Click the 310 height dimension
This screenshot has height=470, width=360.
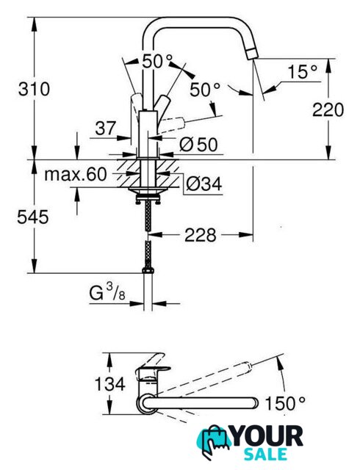tap(34, 90)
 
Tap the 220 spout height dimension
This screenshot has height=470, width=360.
tap(328, 109)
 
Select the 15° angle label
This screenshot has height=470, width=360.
tap(302, 72)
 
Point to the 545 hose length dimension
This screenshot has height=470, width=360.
tap(33, 217)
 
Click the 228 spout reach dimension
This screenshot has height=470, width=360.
tap(200, 235)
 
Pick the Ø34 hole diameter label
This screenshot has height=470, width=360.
tap(204, 184)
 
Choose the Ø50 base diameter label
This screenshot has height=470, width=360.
tap(198, 145)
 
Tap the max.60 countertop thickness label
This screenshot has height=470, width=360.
tap(75, 174)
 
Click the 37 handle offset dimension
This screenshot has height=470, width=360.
tap(105, 129)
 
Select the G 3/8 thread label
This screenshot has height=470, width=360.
tap(107, 292)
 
